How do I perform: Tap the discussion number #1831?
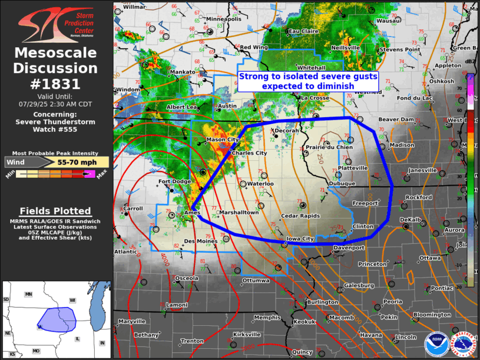pos(56,84)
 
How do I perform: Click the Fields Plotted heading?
pos(55,211)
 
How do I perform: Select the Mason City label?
pos(223,140)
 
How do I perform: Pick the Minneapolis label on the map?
pos(224,19)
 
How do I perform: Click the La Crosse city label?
pos(315,98)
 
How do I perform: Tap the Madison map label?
pos(402,145)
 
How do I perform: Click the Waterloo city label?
pos(260,184)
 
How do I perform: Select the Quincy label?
pos(302,352)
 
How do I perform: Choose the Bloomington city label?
pos(432,315)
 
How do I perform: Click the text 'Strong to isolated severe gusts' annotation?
pos(307,77)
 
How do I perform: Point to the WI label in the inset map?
pos(72,300)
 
